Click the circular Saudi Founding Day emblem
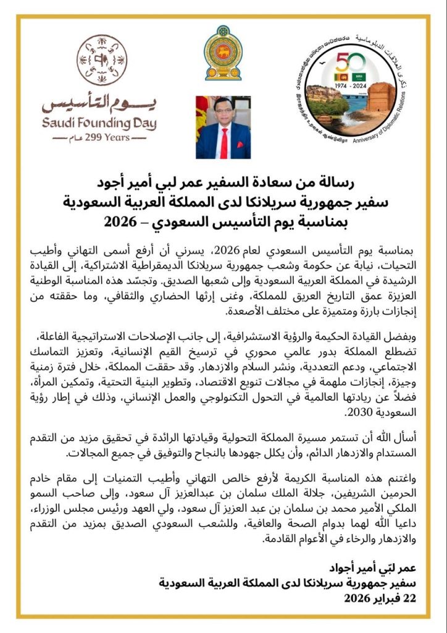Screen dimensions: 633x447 tap(102, 60)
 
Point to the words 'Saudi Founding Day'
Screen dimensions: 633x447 tap(99, 123)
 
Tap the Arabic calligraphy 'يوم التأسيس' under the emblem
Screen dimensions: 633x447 tap(99, 103)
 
